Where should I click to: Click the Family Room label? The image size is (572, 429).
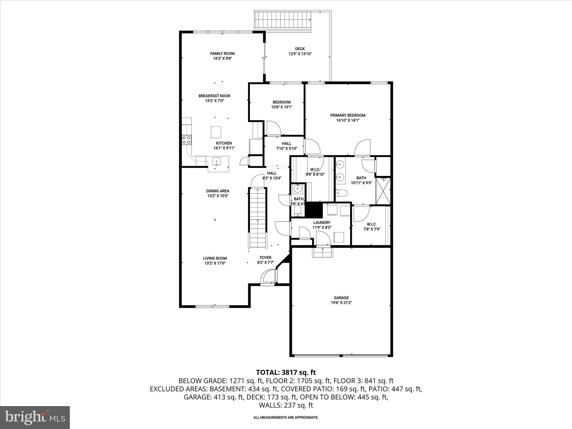222,54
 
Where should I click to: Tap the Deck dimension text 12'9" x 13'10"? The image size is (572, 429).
300,54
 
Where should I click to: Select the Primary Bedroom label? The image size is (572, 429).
347,115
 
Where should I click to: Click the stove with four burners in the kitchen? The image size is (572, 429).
187,140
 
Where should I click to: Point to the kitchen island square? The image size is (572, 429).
216,132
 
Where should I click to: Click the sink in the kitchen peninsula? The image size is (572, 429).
216,162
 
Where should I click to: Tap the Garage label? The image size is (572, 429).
341,298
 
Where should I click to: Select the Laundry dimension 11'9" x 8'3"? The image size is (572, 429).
322,228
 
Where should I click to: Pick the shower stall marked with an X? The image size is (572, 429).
383,191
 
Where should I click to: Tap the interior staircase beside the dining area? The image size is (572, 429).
258,218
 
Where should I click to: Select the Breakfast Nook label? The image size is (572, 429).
214,96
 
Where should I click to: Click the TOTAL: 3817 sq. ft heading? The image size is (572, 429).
286,372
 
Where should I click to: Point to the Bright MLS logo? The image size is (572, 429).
35,417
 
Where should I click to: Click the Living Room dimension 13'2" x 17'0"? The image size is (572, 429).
215,263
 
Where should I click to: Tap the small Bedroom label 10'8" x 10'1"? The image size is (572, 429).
282,102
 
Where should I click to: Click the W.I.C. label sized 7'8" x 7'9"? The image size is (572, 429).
371,224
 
